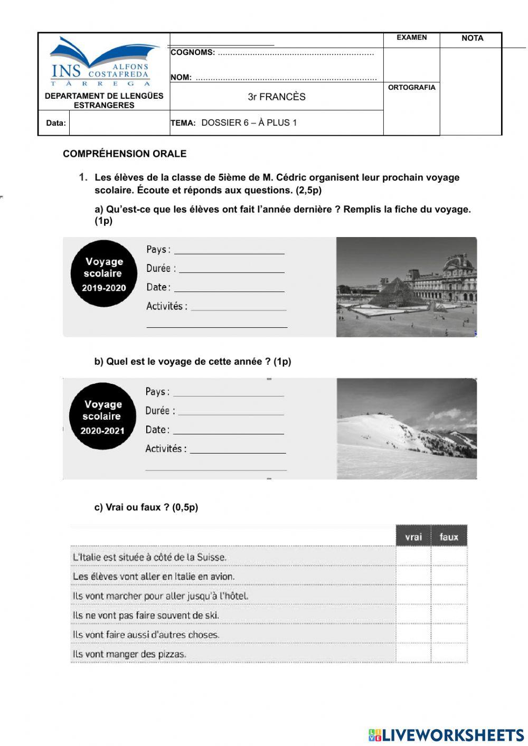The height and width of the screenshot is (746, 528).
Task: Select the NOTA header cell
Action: coord(472,38)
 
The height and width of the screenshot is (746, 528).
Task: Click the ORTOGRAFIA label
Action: coord(411,88)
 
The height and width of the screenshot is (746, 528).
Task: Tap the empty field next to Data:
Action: coord(119,123)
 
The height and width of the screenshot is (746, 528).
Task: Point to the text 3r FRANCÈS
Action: coord(277,97)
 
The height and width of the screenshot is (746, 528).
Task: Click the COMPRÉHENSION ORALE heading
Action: coord(125,154)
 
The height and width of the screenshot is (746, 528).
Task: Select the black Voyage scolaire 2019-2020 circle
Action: coord(104,273)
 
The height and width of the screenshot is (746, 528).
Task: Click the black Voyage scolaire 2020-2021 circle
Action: coord(103,417)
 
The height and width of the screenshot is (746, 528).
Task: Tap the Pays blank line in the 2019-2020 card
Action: coord(229,250)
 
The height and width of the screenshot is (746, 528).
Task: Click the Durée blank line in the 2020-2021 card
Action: coord(231,411)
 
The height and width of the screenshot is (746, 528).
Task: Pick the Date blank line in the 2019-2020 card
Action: coord(229,288)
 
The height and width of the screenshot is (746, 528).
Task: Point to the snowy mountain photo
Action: coord(407,429)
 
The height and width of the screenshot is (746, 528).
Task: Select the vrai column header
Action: coord(413,537)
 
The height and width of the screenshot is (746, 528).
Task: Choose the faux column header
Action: coord(449,537)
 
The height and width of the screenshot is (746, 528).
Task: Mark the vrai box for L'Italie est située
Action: coord(413,556)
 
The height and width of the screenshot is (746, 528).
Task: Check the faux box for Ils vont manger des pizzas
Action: coord(449,654)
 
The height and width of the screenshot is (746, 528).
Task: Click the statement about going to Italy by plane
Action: coord(154,576)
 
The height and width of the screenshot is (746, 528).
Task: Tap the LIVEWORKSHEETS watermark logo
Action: coord(446,735)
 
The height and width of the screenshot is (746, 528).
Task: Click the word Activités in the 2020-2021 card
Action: coord(165,449)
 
